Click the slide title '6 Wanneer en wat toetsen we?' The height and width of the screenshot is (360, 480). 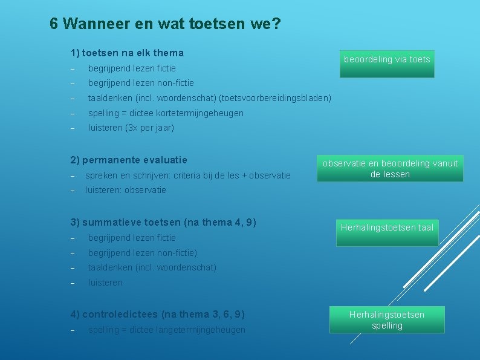(x=165, y=24)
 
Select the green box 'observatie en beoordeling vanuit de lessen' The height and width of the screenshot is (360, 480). (x=390, y=169)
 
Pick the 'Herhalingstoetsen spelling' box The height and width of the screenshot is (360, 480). (x=387, y=320)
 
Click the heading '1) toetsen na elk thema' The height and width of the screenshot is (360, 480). (x=127, y=53)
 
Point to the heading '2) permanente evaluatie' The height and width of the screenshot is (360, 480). (x=129, y=160)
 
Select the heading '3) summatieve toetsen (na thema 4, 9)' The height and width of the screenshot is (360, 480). (x=163, y=222)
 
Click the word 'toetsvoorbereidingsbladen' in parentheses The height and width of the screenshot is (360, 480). (x=274, y=97)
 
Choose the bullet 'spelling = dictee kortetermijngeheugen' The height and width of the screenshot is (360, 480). (x=166, y=113)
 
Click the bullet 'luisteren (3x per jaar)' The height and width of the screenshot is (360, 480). (x=131, y=128)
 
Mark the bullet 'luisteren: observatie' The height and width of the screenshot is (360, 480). (x=126, y=189)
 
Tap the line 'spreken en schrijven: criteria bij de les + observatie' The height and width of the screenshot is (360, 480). (x=188, y=175)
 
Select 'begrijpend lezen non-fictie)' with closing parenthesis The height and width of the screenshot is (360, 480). (x=143, y=252)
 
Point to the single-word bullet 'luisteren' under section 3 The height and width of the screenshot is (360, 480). (x=105, y=282)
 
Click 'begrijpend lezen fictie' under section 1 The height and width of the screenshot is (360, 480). (x=132, y=68)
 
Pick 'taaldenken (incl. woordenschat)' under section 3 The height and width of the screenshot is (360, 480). (x=152, y=267)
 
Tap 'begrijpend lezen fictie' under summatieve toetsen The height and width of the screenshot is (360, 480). (x=132, y=237)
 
